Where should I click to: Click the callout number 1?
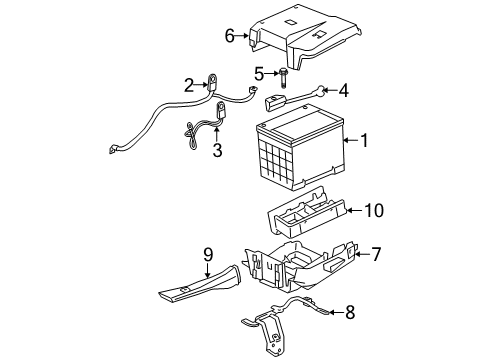point(364,142)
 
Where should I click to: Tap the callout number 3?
point(216,150)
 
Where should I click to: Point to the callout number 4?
point(343,91)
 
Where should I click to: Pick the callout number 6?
point(229,36)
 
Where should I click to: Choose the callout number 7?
point(376,255)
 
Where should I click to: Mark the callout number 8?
point(348,312)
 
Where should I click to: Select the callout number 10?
point(374,210)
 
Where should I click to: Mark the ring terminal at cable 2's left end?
point(112,151)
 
